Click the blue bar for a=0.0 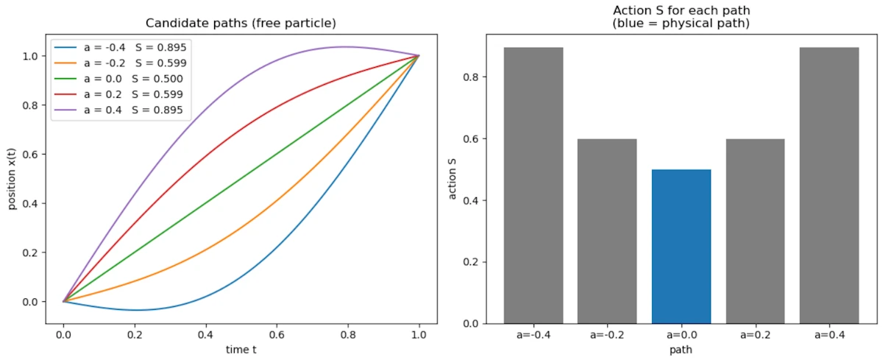tap(681, 246)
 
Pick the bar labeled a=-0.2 tap(607, 231)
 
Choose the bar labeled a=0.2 tap(755, 231)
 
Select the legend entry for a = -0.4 tap(118, 47)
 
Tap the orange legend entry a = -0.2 tap(118, 63)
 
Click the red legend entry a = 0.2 tap(118, 95)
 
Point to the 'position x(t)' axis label tap(13, 179)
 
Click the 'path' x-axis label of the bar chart tap(681, 351)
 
